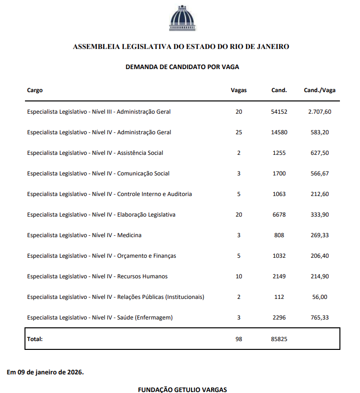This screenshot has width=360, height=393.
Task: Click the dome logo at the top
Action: coord(182,18)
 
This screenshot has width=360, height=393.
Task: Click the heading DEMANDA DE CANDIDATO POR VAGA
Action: coord(182,67)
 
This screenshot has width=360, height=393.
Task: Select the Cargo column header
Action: coord(35,90)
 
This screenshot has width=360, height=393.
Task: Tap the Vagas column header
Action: coord(239,90)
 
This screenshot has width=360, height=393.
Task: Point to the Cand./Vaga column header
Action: coord(319,90)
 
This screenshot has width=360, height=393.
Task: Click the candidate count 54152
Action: coord(279,112)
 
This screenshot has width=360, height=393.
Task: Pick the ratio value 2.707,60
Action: coord(319,112)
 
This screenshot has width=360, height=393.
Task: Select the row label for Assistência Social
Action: coord(95,153)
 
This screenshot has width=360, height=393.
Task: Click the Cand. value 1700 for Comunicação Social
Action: coord(279,173)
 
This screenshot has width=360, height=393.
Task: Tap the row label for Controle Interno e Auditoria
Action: coord(109,194)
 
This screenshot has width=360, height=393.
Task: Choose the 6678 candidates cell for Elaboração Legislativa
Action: coord(279,215)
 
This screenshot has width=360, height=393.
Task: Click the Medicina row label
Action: coord(84,235)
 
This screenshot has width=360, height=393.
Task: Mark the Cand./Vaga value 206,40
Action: coord(319,256)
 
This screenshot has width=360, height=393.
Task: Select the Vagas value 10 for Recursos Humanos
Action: coord(239,276)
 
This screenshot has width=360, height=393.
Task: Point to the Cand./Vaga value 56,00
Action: coord(321,297)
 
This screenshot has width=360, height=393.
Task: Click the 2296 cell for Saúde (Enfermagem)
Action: coord(279,318)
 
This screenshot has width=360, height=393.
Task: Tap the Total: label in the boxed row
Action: coord(35,339)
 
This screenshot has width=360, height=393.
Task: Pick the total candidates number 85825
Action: coord(279,339)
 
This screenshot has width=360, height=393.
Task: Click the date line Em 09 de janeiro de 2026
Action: coord(45,372)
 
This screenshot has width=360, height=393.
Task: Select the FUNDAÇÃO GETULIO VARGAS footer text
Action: coord(182,390)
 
